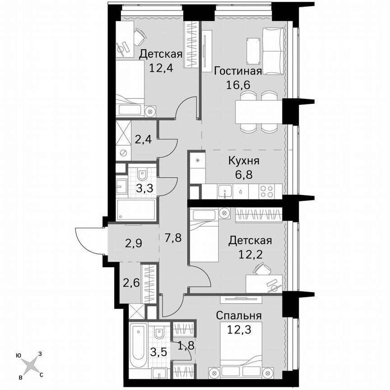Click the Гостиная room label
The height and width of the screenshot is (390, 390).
pos(238,72)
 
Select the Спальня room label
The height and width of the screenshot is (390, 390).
pos(239,315)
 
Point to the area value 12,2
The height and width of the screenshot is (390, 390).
pos(250,254)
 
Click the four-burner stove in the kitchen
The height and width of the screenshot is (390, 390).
pos(267,191)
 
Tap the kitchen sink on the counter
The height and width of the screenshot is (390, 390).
pos(224,191)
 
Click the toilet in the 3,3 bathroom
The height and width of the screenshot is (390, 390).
pos(142,173)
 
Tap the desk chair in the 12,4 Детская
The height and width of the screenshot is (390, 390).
pos(140,32)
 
